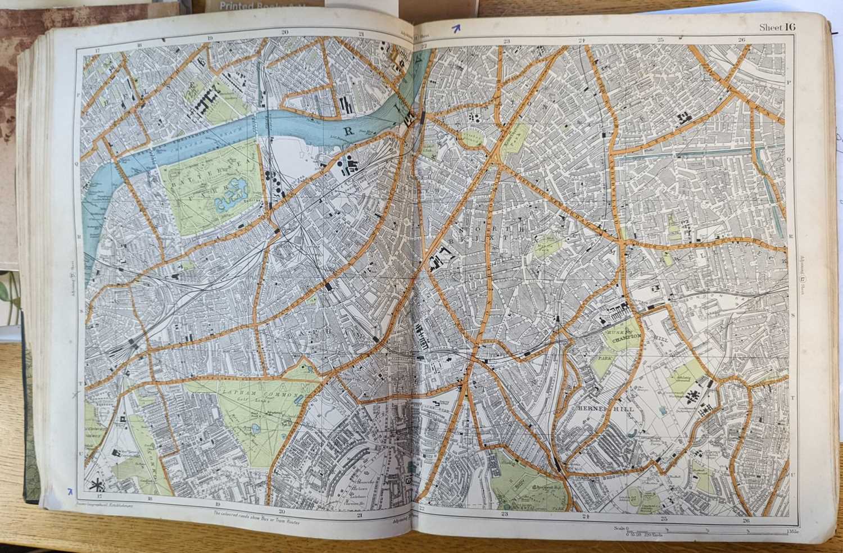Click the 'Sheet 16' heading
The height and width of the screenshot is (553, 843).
point(777,27)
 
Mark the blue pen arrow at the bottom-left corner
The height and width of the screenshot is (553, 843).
point(69,492)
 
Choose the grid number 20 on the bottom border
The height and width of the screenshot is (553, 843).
point(282,511)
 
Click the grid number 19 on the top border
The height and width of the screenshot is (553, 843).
point(210,39)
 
